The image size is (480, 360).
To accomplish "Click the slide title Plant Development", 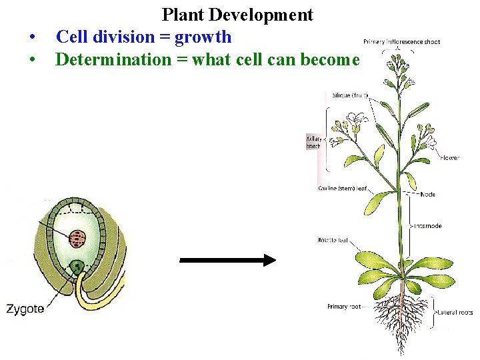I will click(x=237, y=15).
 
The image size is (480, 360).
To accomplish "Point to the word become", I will click(x=331, y=59).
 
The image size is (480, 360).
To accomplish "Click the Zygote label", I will click(x=25, y=309).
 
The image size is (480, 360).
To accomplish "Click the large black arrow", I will click(x=227, y=260).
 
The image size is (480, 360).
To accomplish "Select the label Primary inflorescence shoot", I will click(x=402, y=42).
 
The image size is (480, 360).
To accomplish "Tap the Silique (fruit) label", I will click(x=350, y=95).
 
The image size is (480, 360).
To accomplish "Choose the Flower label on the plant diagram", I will click(x=449, y=158).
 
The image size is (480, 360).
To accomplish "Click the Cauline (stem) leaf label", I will click(x=343, y=188).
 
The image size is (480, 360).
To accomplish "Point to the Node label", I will click(x=428, y=195).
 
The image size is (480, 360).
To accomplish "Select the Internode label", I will click(x=428, y=226).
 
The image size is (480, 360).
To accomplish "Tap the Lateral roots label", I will click(x=455, y=312).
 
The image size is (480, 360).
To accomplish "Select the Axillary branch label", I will click(x=313, y=141).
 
